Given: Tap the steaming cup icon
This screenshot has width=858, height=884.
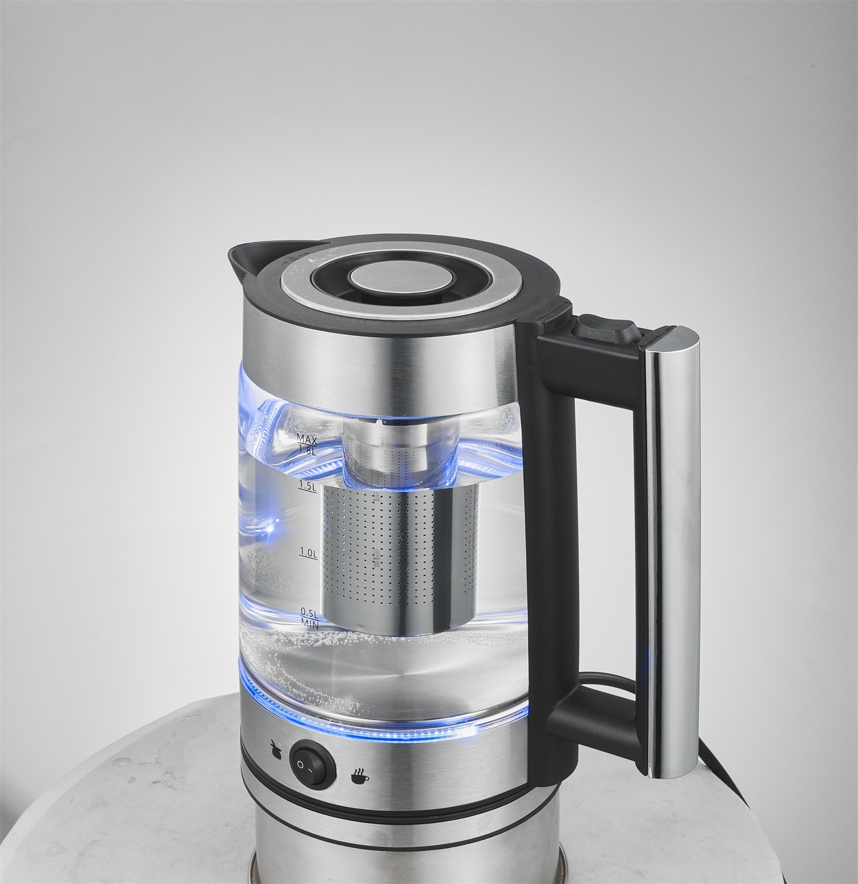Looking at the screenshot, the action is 360,775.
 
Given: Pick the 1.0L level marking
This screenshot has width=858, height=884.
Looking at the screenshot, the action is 308,553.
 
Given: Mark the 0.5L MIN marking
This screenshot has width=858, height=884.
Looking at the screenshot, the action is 309,618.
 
